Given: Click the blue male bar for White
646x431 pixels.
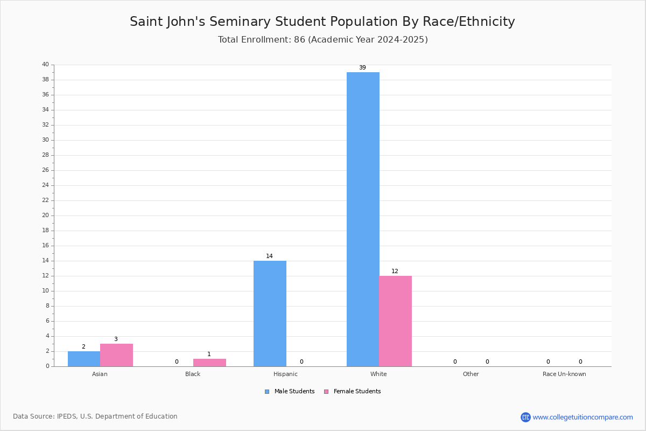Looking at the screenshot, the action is point(363,219).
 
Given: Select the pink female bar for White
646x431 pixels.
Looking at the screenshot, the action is point(395,321).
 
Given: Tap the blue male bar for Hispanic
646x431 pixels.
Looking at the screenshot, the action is point(270,314).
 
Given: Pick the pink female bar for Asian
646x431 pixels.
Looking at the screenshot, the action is point(116,355).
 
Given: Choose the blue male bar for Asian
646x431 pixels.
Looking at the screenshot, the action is point(84,359).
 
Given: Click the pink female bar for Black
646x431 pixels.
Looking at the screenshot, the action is point(209,363).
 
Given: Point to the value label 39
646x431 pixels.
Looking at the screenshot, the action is point(362,67).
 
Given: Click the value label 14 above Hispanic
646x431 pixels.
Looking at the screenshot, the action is point(269,256).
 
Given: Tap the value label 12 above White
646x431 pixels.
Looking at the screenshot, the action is point(395,271).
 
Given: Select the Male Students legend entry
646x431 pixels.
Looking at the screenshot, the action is point(290,392).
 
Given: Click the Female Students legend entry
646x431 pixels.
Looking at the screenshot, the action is point(353,392).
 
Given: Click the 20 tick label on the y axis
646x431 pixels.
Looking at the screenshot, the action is point(46,215).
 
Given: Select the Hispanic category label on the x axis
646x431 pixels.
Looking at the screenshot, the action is point(285,374).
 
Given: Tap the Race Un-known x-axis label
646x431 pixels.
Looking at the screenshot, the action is point(564,374).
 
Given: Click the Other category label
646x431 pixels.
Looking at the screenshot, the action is point(471,374).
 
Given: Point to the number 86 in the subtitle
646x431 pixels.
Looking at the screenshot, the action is point(300,39).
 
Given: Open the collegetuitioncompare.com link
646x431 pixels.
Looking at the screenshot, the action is point(583,417).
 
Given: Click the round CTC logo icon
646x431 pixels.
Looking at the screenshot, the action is point(526,417).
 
